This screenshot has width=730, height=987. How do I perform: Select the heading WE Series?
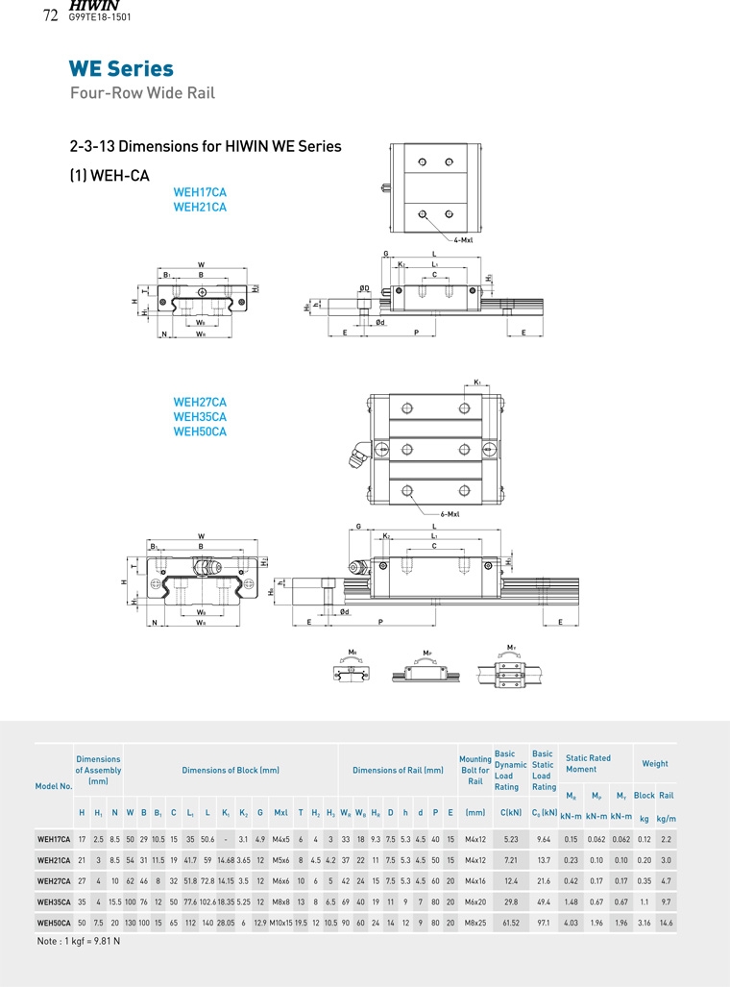(x=121, y=69)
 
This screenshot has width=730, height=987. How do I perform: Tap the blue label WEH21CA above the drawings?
(x=200, y=207)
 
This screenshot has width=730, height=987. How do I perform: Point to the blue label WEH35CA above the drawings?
(x=200, y=417)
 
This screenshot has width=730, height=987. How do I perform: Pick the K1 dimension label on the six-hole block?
(x=477, y=382)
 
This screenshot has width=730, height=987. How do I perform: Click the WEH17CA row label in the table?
(x=54, y=839)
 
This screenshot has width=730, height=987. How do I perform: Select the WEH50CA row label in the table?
(x=54, y=924)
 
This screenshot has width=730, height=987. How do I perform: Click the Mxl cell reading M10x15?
(x=280, y=924)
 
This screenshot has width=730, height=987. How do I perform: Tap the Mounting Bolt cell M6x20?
(x=475, y=902)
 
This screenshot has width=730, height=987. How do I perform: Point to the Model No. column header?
(x=54, y=786)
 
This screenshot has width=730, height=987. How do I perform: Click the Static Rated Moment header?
(x=588, y=763)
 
